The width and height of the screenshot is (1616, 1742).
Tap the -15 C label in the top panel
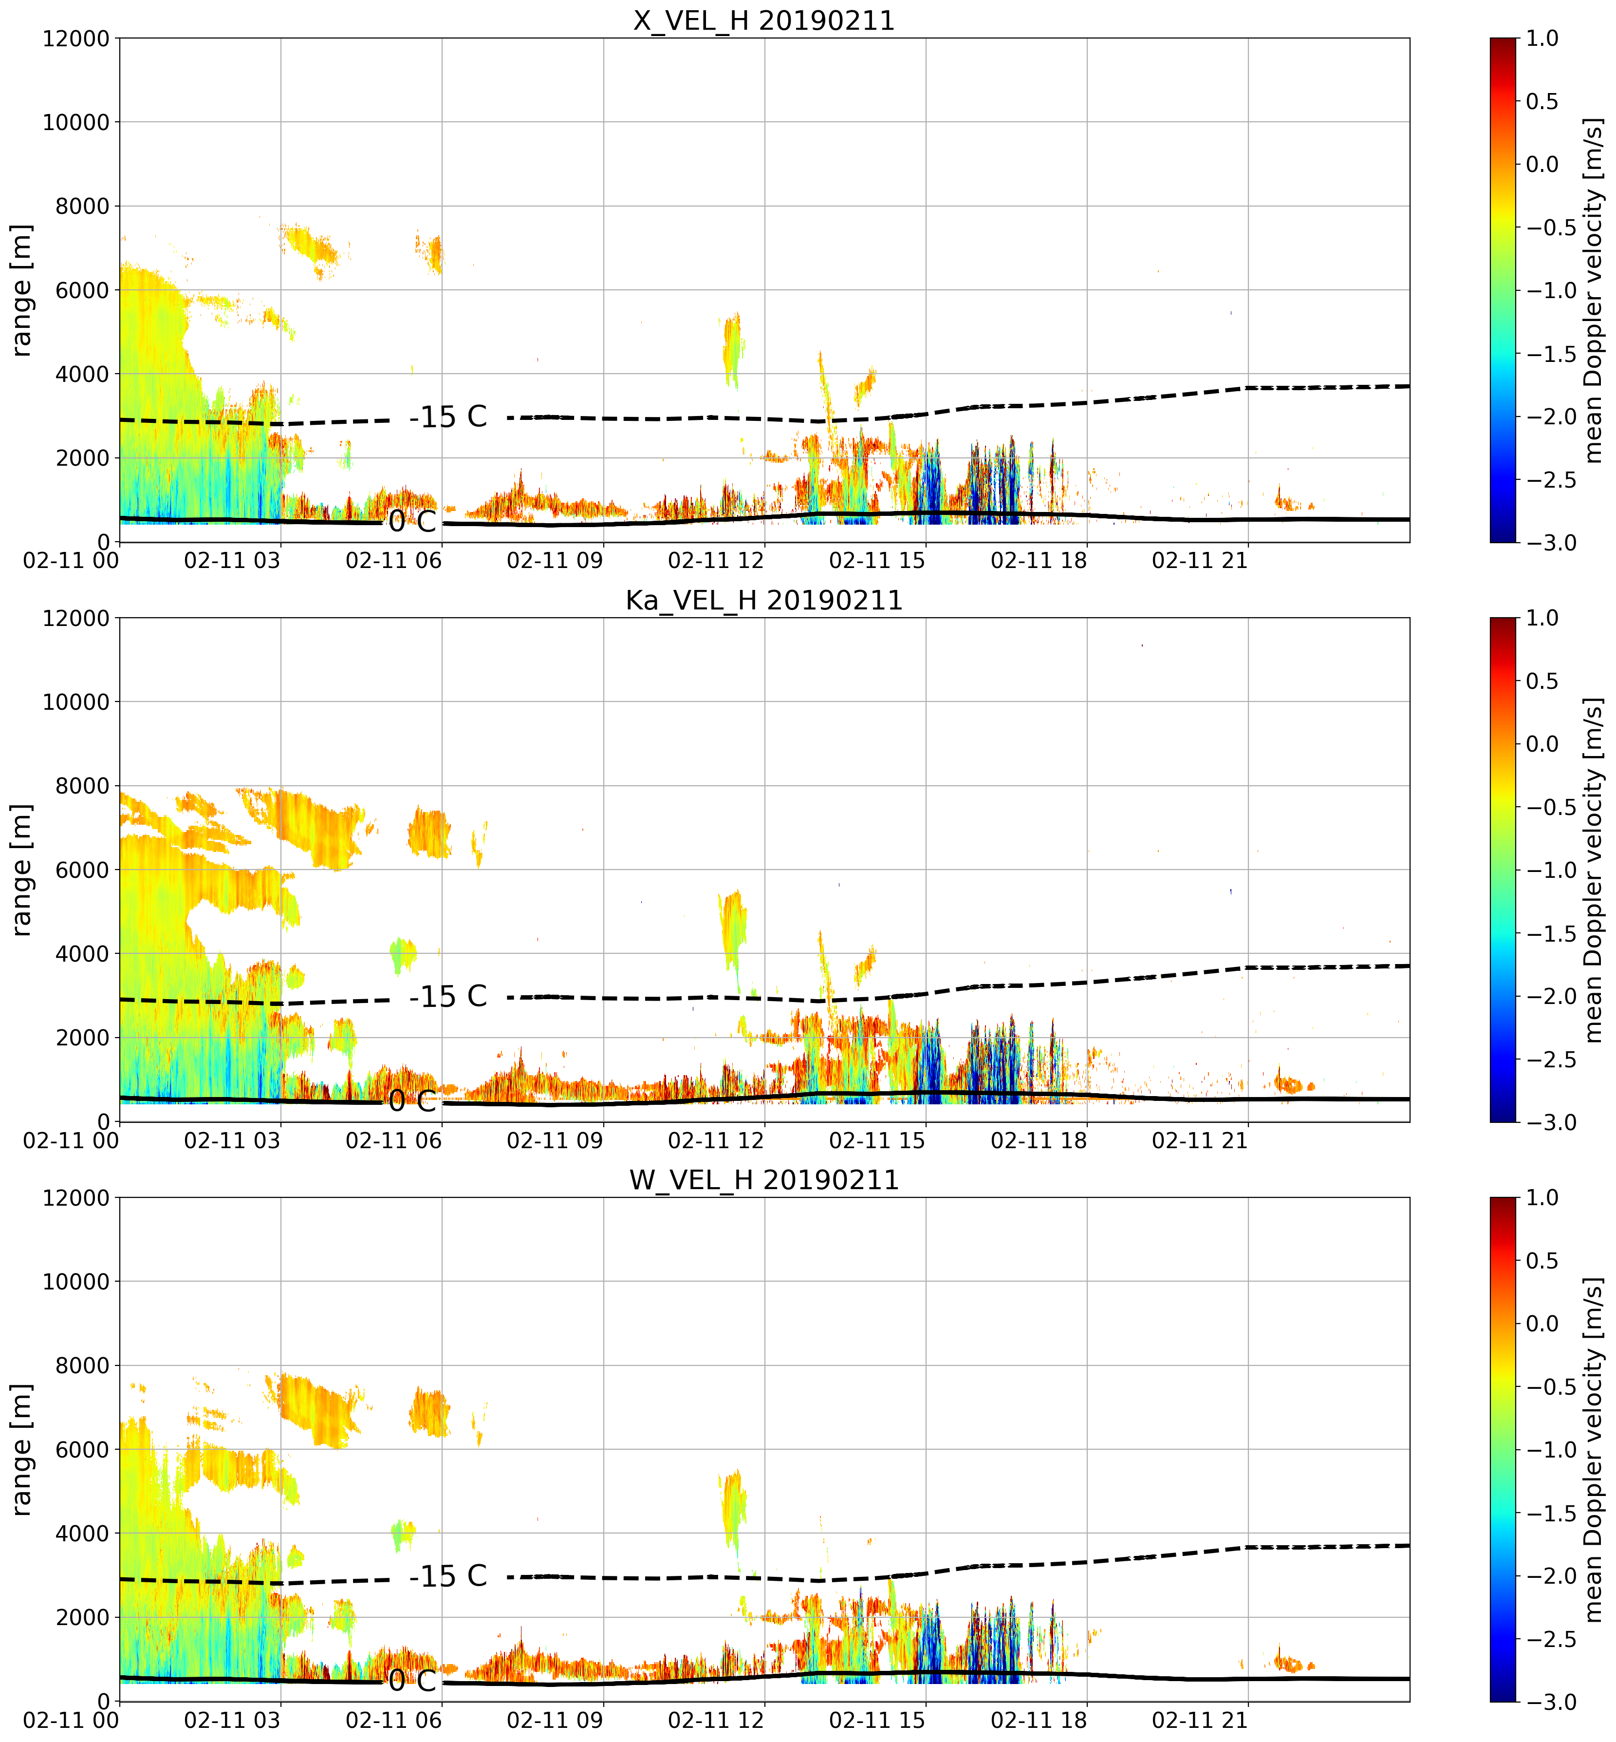pos(448,417)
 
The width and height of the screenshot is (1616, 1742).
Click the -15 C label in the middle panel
pos(448,997)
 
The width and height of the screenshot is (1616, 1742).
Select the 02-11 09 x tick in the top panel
pos(555,561)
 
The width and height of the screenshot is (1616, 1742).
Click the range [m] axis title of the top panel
pos(22,290)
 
